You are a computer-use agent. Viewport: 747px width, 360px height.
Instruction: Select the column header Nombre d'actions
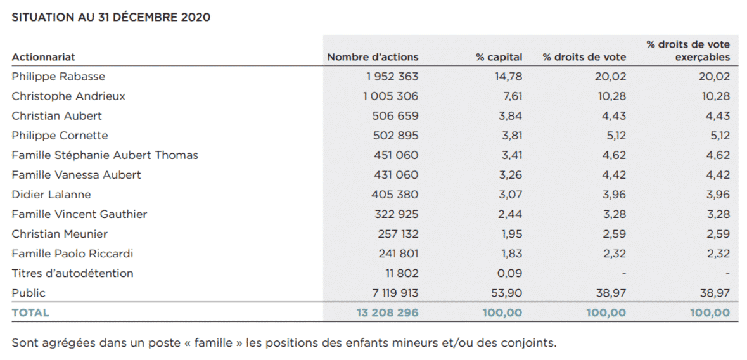coord(373,57)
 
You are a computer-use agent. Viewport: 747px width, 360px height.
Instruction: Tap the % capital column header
coord(499,57)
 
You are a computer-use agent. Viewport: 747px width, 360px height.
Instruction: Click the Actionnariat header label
coord(43,57)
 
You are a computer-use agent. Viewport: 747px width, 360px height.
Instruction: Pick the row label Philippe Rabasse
coord(58,76)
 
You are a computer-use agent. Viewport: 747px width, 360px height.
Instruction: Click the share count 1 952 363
coord(390,76)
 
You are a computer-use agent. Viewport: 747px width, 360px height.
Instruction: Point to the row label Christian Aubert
coord(56,116)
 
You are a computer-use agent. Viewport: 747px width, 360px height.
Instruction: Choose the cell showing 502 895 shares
coord(396,136)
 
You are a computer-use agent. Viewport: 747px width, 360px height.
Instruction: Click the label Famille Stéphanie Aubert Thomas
coord(105,155)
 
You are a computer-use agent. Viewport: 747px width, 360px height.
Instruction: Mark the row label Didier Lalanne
coord(51,195)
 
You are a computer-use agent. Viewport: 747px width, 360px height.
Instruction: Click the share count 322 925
coord(396,214)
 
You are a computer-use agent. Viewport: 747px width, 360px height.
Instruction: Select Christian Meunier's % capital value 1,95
coord(510,234)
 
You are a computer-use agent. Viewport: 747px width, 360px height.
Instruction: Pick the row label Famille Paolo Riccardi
coord(72,254)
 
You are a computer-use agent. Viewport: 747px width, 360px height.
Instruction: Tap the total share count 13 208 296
coord(387,313)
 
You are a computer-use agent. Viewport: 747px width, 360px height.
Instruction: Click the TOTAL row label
coord(30,313)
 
